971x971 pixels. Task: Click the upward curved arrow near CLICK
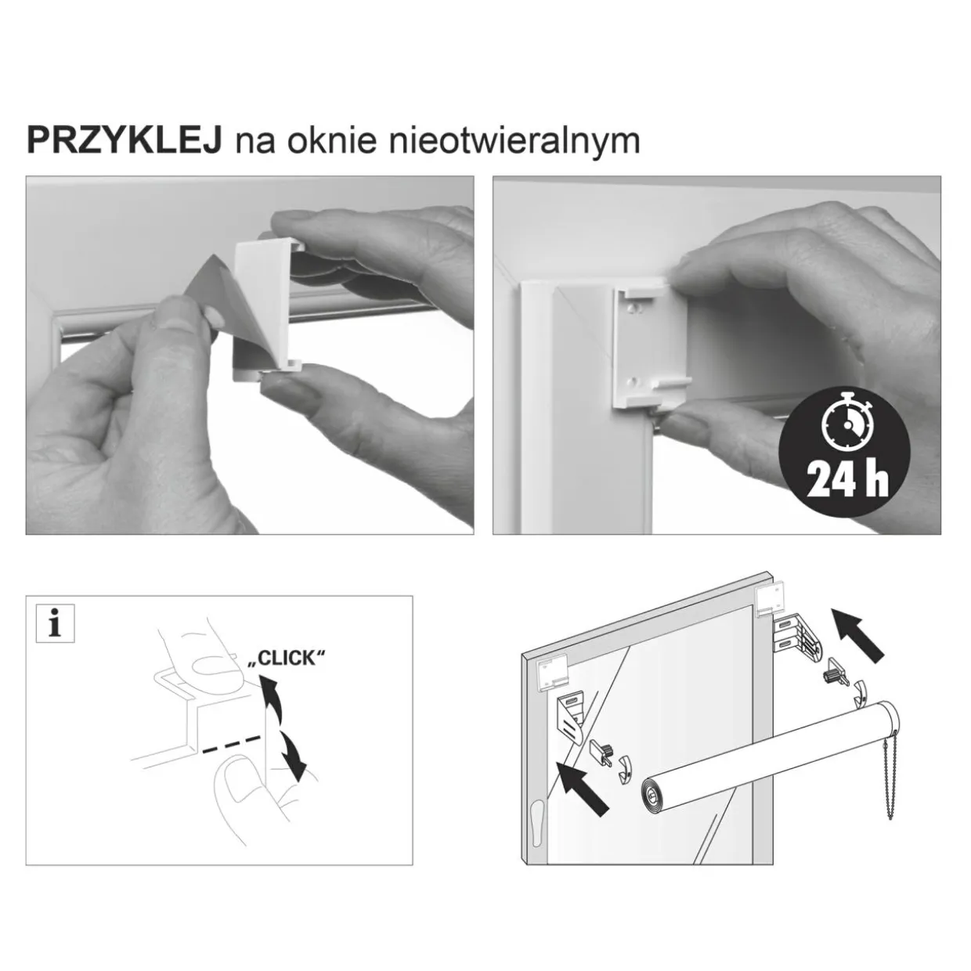pyautogui.click(x=273, y=702)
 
